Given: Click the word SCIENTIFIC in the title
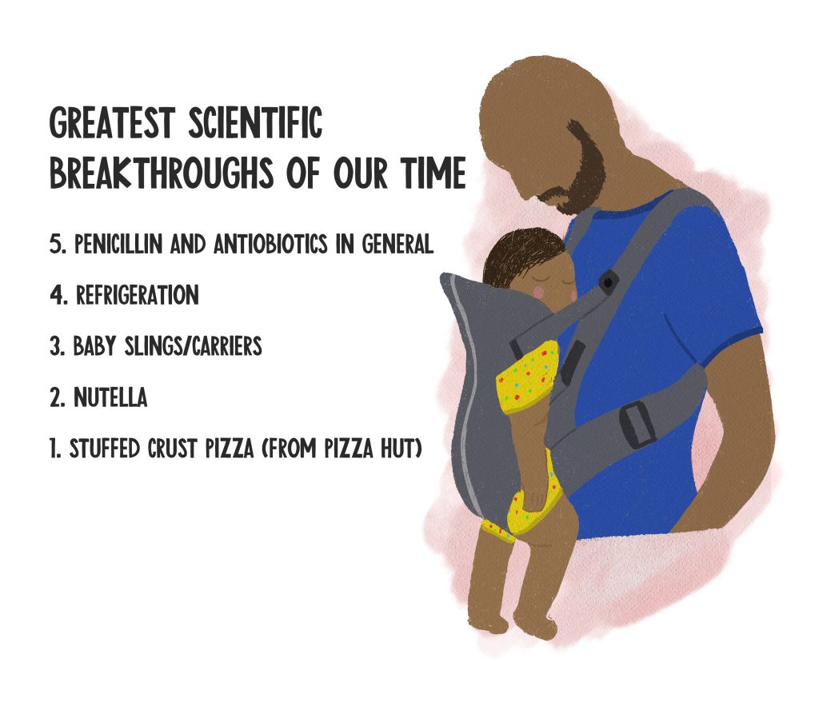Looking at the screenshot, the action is (x=255, y=122).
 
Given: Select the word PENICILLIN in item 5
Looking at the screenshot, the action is (x=118, y=244).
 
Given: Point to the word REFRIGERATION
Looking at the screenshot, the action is (x=138, y=294).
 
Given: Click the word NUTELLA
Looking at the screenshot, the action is (x=110, y=397).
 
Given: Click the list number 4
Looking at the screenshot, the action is (x=58, y=295).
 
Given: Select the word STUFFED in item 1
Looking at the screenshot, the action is (x=105, y=448).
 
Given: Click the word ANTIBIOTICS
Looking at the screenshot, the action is (x=270, y=244).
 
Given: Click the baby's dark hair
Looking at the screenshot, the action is (x=522, y=254).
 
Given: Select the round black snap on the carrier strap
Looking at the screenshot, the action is (x=608, y=282).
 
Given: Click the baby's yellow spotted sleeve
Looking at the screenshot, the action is (x=527, y=376).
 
